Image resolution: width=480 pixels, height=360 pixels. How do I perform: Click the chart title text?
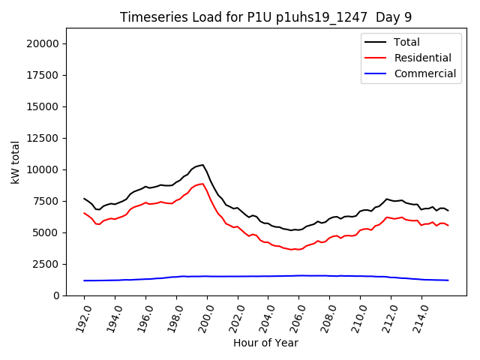tap(266, 17)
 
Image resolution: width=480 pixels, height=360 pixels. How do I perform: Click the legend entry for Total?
tap(406, 42)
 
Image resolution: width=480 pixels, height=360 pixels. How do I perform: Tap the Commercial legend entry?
tap(424, 73)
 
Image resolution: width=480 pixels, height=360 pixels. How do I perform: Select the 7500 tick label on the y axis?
tap(46, 201)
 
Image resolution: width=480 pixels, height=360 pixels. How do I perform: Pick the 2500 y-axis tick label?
tap(46, 264)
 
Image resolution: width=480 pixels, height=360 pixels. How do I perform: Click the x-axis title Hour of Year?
tap(265, 343)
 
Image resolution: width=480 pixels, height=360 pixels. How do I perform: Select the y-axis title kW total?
tap(15, 162)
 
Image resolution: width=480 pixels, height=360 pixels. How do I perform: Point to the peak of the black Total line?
tap(202, 165)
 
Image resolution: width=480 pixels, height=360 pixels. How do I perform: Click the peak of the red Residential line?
tap(202, 184)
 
